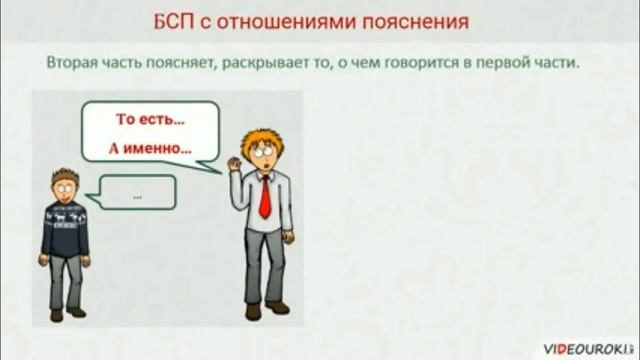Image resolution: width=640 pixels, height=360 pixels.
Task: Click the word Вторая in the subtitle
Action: (72, 62)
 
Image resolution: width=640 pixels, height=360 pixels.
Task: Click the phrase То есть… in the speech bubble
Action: (151, 119)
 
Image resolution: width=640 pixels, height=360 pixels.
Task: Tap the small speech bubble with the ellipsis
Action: (137, 193)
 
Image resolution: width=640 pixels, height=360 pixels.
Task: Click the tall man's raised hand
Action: (234, 159)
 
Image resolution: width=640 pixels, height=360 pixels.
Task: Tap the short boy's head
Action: (66, 185)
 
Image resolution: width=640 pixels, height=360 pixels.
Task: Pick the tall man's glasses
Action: (262, 150)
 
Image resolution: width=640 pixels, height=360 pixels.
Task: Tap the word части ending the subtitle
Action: (559, 62)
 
